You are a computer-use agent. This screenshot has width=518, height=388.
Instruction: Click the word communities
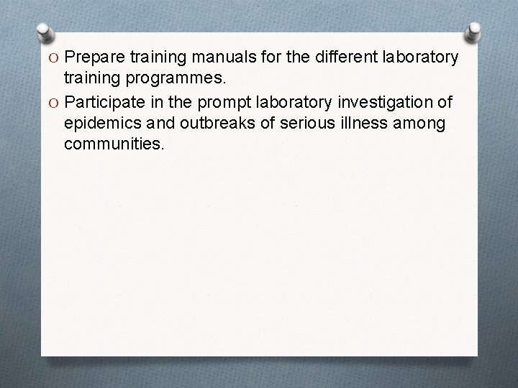(114, 144)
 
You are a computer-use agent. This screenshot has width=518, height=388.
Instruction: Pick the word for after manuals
(264, 57)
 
